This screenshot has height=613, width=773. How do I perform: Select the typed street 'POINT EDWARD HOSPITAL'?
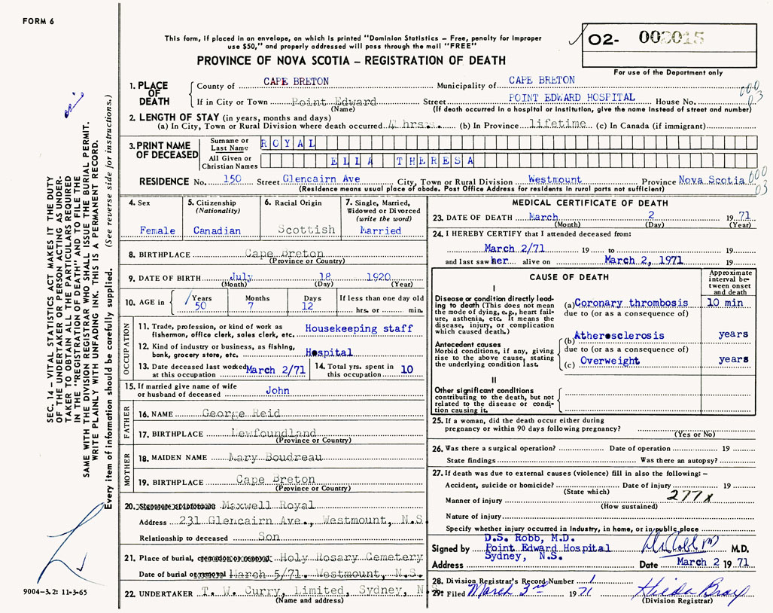click(572, 98)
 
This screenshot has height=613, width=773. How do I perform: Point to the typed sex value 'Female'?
click(157, 230)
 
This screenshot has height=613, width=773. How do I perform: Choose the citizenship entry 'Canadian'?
click(218, 230)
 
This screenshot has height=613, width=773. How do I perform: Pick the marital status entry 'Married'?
click(381, 230)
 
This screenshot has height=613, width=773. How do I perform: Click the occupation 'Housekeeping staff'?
click(359, 328)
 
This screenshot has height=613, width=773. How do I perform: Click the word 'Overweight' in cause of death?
click(610, 361)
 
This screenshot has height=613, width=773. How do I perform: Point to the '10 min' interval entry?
click(725, 302)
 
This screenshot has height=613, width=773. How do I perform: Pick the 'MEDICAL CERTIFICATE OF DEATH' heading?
click(590, 203)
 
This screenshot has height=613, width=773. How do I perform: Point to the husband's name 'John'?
click(278, 392)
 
